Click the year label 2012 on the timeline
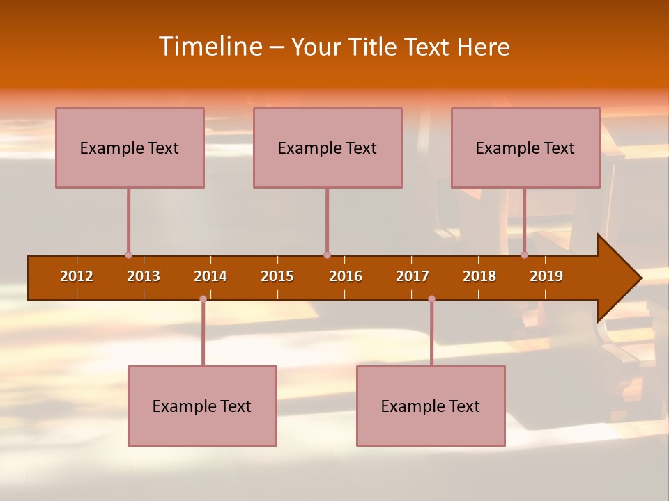tap(77, 276)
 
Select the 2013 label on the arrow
tap(144, 276)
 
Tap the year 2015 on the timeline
tap(277, 276)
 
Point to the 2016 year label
tap(346, 276)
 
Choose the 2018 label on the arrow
tap(479, 276)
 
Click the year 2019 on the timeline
tap(546, 276)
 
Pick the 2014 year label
tap(210, 276)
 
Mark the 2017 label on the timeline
tap(413, 276)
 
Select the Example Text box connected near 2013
tap(130, 148)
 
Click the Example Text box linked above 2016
tap(328, 148)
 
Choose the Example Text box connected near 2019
tap(525, 148)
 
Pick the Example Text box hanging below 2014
tap(202, 406)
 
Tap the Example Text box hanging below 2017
tap(431, 406)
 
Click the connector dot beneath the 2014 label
tap(203, 299)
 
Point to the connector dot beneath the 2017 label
tap(431, 299)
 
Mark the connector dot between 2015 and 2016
tap(327, 255)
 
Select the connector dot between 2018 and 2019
tap(524, 255)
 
